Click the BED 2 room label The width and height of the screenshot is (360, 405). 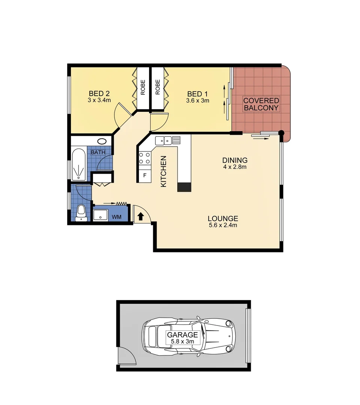pyautogui.click(x=99, y=93)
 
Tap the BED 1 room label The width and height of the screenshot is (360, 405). pyautogui.click(x=197, y=93)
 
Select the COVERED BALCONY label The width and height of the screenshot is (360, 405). pyautogui.click(x=261, y=104)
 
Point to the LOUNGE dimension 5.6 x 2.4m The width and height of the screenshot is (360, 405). pyautogui.click(x=223, y=225)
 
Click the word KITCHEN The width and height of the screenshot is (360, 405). pyautogui.click(x=163, y=171)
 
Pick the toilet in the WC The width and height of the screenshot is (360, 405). pyautogui.click(x=80, y=213)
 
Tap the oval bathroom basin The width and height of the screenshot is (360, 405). pyautogui.click(x=102, y=141)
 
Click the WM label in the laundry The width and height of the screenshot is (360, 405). pyautogui.click(x=116, y=217)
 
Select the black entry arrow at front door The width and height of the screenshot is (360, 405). pyautogui.click(x=140, y=216)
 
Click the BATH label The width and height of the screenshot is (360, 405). pyautogui.click(x=98, y=153)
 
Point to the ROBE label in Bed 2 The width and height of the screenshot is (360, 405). pyautogui.click(x=143, y=87)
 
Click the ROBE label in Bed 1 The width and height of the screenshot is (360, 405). pyautogui.click(x=158, y=87)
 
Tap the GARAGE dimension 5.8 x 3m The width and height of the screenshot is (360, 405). pyautogui.click(x=182, y=342)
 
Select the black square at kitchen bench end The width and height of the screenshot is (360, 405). pyautogui.click(x=184, y=187)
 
